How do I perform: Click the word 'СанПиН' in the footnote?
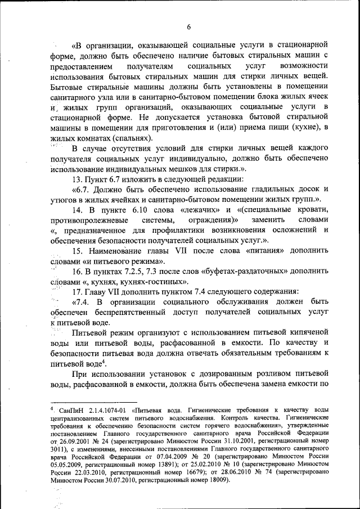coord(65,411)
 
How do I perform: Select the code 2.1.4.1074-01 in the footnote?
coord(107,411)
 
